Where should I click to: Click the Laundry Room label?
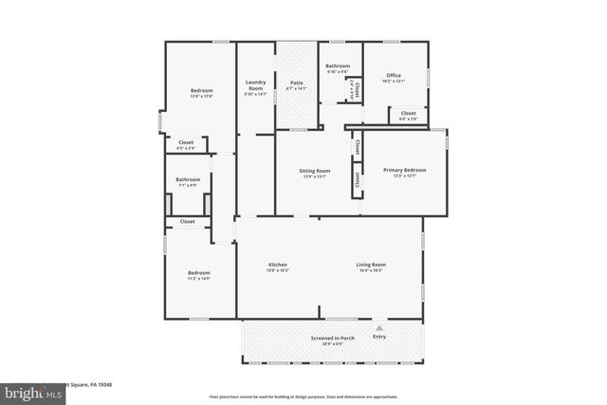pos(255,84)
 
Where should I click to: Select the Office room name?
pos(394,76)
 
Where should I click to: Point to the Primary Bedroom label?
pos(405,170)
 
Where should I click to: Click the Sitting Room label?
pos(315,171)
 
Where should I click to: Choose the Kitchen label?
pos(278,265)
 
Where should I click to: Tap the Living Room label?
pos(371,265)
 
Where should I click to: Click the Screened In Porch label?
pos(332,338)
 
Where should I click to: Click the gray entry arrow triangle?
pos(379,327)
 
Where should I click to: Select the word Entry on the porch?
pos(379,337)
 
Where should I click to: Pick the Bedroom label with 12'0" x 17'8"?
pos(201,91)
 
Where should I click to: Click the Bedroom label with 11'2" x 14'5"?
pos(198,273)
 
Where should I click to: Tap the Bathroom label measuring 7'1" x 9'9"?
pos(188,179)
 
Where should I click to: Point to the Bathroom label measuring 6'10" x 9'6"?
pos(338,65)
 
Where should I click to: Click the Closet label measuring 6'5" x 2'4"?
pos(187,142)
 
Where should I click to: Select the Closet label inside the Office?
pos(408,113)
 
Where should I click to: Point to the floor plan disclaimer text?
pos(303,396)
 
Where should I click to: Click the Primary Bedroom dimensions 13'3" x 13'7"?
pos(405,175)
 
